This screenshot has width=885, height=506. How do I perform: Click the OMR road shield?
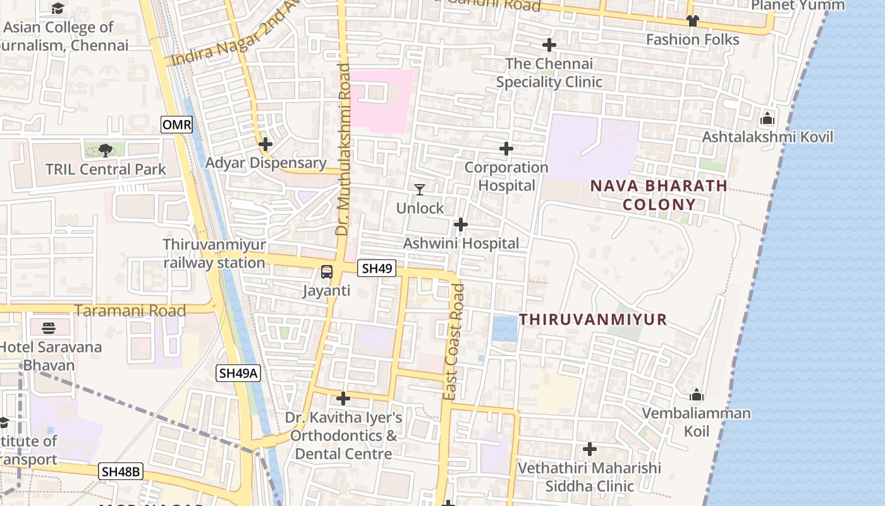(x=176, y=125)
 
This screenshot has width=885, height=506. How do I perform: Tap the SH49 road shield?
(x=377, y=268)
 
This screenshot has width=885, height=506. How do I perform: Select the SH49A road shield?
(x=238, y=373)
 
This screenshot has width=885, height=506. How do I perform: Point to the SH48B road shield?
(x=121, y=471)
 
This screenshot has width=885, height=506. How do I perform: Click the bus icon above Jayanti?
(x=327, y=272)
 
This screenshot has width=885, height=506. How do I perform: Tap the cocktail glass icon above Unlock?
(x=419, y=189)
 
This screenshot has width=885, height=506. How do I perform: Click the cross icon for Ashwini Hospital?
(x=461, y=225)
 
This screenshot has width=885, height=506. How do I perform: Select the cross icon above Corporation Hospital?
(x=506, y=149)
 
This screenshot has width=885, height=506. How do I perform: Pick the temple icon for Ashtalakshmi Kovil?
(x=767, y=118)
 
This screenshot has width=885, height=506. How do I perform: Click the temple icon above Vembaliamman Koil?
(x=697, y=395)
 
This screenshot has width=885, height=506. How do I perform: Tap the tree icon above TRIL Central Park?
(x=105, y=150)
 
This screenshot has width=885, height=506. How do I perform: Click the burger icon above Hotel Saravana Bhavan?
(x=49, y=328)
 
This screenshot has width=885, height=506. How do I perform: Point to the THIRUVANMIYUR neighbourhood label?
(x=593, y=319)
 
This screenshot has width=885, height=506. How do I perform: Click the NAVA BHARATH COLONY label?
(x=659, y=195)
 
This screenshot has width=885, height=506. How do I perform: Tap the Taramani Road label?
(x=130, y=311)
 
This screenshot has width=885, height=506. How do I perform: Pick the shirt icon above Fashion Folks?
(x=692, y=21)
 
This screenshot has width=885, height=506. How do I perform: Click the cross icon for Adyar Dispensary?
(x=265, y=144)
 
